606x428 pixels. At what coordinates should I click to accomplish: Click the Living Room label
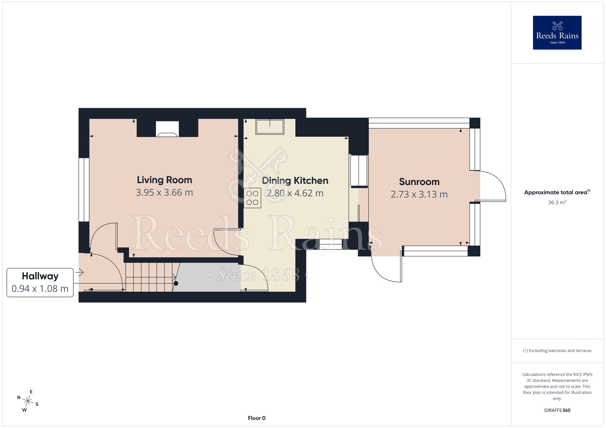tap(164, 180)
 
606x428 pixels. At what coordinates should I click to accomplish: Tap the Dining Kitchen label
tap(295, 181)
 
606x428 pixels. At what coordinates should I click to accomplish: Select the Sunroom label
tap(419, 182)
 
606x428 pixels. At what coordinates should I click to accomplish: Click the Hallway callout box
tap(40, 282)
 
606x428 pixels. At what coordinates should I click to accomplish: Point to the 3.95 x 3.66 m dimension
tap(164, 193)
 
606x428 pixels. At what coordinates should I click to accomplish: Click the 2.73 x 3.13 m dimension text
tap(419, 194)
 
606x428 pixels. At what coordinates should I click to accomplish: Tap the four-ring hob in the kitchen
tap(252, 198)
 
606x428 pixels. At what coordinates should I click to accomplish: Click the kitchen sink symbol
tap(270, 127)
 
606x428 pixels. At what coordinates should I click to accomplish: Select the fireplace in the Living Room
tap(167, 129)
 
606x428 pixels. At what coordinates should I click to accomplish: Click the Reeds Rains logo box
tap(557, 33)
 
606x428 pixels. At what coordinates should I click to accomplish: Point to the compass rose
tap(28, 401)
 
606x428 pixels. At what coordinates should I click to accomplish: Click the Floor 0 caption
tap(257, 418)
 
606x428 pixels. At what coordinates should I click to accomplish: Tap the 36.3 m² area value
tap(557, 202)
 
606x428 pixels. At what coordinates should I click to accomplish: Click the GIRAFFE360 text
tap(557, 410)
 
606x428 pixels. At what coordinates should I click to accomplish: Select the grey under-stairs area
tap(207, 277)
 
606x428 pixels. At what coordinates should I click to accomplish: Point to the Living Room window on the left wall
tap(84, 190)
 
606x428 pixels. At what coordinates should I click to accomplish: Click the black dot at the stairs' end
tap(176, 284)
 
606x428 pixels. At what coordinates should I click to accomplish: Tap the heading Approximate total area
tap(557, 192)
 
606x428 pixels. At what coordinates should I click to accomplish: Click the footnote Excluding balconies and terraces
tap(557, 351)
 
